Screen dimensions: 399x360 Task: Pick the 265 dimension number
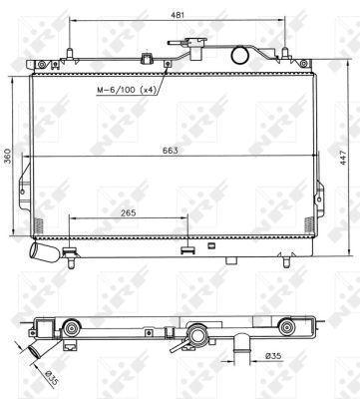tap(128, 211)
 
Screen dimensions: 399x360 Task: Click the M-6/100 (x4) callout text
tap(128, 91)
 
